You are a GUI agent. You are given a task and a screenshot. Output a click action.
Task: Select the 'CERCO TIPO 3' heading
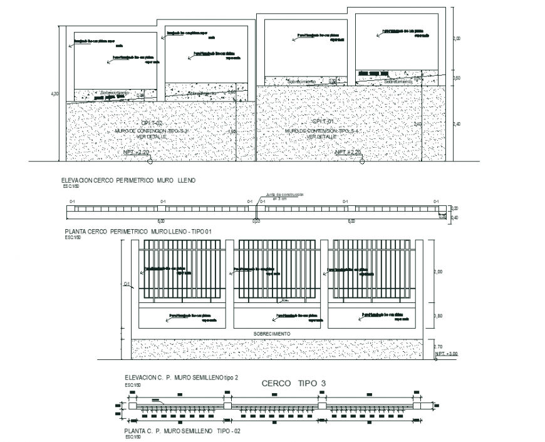pyautogui.click(x=289, y=384)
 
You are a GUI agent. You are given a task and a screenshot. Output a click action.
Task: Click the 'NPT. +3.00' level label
pyautogui.click(x=446, y=354)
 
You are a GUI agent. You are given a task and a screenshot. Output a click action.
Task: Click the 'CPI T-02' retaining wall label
pyautogui.click(x=151, y=123)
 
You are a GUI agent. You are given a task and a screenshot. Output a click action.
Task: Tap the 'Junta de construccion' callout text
pyautogui.click(x=284, y=195)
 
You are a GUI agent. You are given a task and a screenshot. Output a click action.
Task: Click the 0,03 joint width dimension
pyautogui.click(x=256, y=221)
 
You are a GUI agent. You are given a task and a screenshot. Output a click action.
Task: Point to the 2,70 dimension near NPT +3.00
pyautogui.click(x=439, y=346)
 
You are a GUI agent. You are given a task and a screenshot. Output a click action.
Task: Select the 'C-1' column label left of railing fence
pyautogui.click(x=126, y=284)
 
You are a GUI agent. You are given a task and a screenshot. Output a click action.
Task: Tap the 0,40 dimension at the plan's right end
pyautogui.click(x=455, y=217)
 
